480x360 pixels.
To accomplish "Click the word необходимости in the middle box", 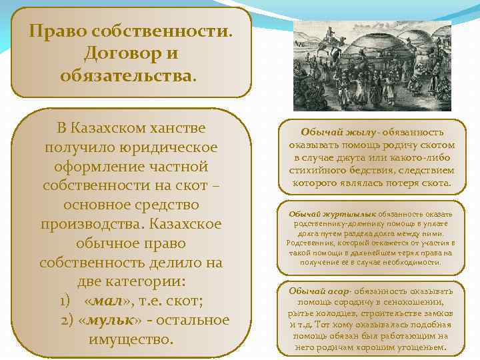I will pos(411,262).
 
